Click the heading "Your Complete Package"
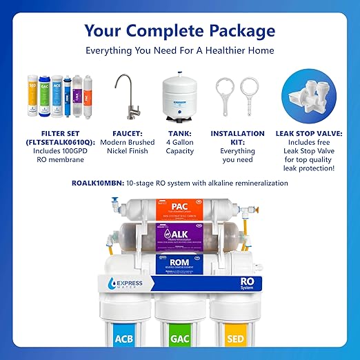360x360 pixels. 179,31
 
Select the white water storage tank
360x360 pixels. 179,97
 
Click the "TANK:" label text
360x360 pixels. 179,133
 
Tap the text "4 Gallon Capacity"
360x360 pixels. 179,147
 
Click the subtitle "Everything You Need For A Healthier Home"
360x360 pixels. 179,50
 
